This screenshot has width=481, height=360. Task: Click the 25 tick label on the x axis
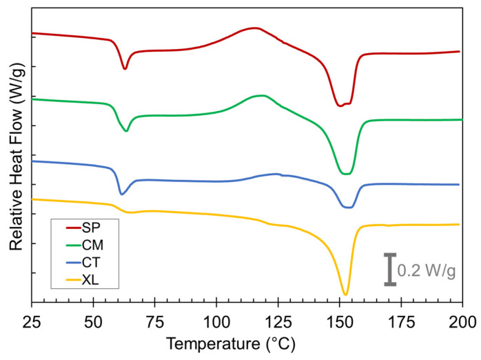32,321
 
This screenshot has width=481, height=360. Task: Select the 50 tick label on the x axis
93,321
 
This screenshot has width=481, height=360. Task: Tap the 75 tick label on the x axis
154,321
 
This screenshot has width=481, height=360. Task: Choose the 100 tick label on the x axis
216,321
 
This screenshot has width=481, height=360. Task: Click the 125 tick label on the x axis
278,321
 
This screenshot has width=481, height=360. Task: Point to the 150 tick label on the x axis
339,321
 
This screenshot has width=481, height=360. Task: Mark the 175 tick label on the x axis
401,321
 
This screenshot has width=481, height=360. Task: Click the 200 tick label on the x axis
462,321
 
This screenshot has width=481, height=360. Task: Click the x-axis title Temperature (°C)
247,344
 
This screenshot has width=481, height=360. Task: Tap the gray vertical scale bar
390,270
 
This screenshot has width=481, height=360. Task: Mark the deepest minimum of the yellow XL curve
345,294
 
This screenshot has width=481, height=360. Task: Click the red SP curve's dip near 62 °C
125,68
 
